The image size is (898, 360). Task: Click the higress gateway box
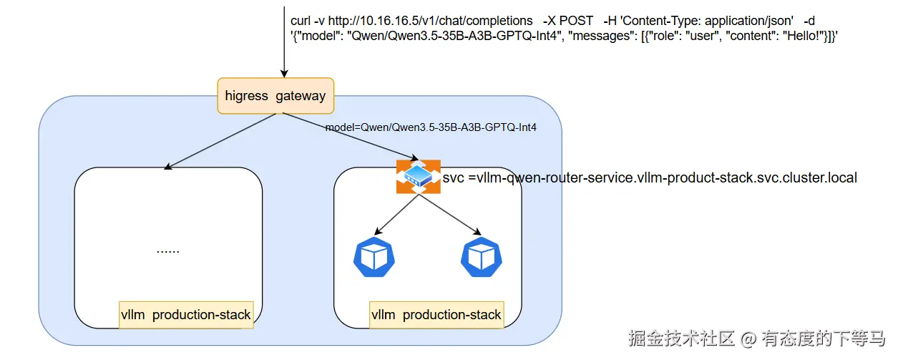275,96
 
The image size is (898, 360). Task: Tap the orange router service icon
418,177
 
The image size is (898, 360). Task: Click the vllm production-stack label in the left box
186,315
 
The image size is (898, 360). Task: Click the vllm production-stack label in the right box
436,315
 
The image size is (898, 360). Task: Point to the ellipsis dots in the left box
168,251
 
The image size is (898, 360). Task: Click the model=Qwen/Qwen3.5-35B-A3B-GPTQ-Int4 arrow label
431,127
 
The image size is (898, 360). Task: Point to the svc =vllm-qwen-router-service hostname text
650,177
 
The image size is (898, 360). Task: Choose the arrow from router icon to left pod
396,213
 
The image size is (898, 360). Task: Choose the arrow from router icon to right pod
449,213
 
